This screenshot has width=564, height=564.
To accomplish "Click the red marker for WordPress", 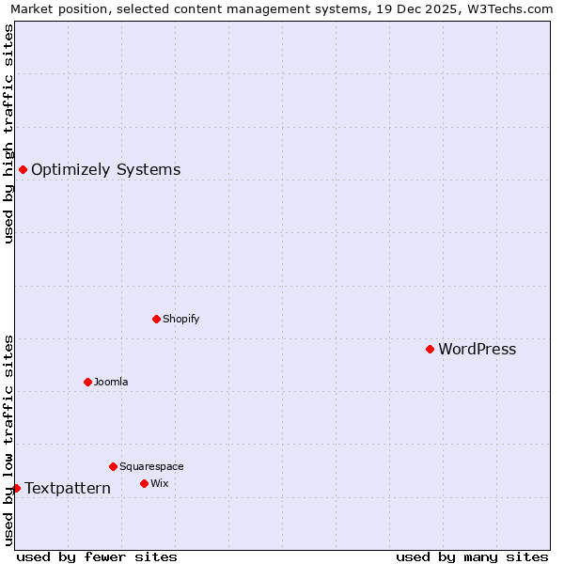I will coord(430,349).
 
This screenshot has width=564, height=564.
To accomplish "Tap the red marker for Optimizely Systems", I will coord(23,169).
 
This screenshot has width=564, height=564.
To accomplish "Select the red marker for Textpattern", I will coord(16,488).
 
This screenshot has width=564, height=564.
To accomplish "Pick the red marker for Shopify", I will coord(156,319).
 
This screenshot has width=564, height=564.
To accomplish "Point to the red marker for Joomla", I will coord(87,382).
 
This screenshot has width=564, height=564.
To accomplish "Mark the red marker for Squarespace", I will coord(113,466).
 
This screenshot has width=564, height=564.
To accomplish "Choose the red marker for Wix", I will coord(144,483).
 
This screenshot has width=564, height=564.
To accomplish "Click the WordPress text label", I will coord(477,350).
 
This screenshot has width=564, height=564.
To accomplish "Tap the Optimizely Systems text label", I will coord(105,170).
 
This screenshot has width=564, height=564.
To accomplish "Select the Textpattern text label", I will coord(68,489).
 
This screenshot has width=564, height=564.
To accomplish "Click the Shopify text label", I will coord(180,319).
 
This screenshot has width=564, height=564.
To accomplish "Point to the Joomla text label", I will coord(111,382).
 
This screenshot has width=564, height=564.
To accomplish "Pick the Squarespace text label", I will coord(151,466).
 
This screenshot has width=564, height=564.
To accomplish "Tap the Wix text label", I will coord(159,483).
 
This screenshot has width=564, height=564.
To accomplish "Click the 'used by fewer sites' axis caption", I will coord(97,556).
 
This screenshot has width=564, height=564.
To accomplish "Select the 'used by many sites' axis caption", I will coord(472,556).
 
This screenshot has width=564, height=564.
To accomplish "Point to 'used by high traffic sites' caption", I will coord(8,133).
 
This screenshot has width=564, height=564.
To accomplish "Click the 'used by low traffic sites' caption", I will coord(8,440).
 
